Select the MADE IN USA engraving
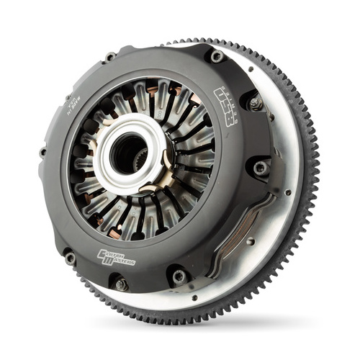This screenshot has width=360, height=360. [71, 101]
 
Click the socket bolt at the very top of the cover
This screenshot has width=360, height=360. [215, 55]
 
